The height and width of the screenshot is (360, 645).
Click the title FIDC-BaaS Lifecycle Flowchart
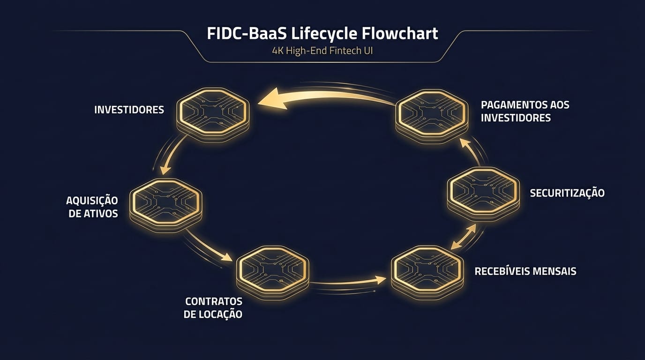322,34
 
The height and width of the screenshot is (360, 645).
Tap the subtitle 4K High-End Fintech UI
322,51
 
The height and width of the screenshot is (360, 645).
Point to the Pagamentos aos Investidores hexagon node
432,113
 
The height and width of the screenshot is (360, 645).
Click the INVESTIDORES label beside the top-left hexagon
129,110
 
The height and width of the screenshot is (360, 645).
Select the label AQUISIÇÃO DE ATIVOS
92,207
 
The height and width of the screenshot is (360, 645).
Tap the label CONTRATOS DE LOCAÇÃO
213,307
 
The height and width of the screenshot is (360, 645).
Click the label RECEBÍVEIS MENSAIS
525,271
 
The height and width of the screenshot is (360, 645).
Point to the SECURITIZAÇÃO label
567,193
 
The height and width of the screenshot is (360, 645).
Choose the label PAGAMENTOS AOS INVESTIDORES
525,111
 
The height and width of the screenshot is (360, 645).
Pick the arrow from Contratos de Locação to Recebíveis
349,282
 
